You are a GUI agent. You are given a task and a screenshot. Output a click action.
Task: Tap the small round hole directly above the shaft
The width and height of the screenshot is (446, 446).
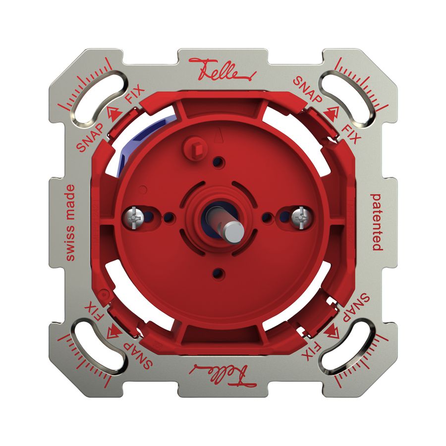[x=218, y=161]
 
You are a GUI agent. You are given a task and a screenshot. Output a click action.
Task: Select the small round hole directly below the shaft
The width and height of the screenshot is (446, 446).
[x=218, y=272]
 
